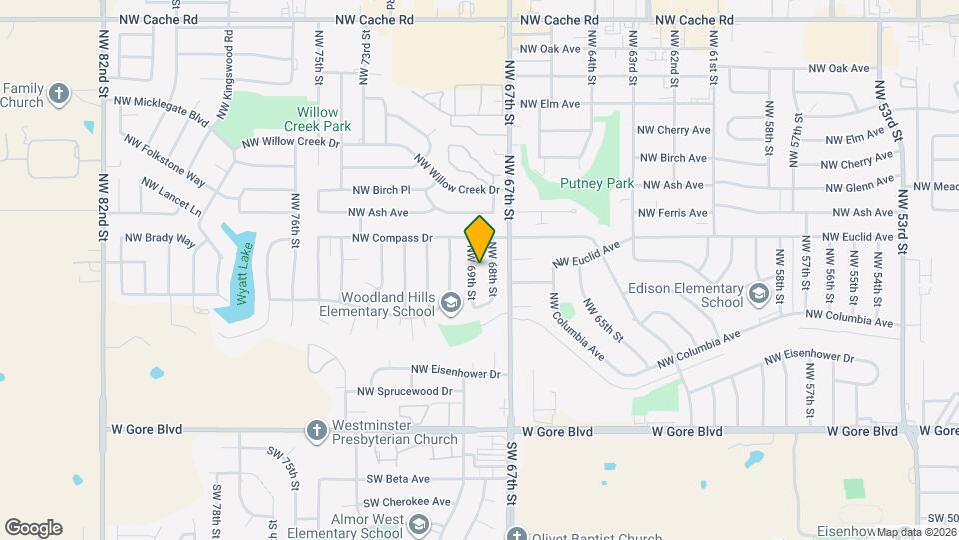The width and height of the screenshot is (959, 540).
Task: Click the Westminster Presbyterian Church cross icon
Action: pyautogui.click(x=316, y=431)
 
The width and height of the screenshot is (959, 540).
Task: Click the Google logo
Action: pyautogui.click(x=33, y=528)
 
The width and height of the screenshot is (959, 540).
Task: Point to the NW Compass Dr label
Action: pyautogui.click(x=392, y=239)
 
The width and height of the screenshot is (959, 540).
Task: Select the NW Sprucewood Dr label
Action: pyautogui.click(x=405, y=392)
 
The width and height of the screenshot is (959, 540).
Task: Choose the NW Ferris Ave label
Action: pyautogui.click(x=673, y=213)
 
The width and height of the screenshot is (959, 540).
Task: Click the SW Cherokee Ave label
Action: pyautogui.click(x=407, y=502)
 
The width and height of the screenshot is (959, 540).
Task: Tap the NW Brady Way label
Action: pyautogui.click(x=160, y=239)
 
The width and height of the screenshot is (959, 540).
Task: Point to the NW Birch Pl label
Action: pyautogui.click(x=381, y=189)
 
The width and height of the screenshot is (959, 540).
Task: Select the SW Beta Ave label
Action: pyautogui.click(x=398, y=479)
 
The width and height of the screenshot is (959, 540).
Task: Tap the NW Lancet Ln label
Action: pyautogui.click(x=171, y=198)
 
